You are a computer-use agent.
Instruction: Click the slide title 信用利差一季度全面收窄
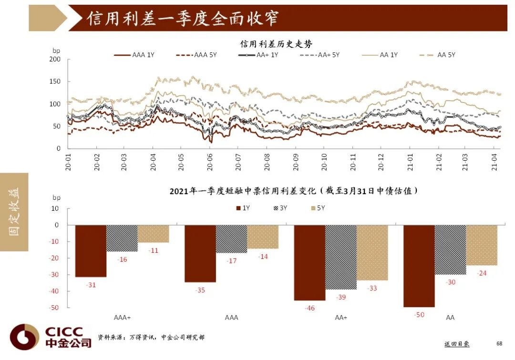coord(183,18)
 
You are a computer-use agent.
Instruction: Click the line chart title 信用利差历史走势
coord(276,44)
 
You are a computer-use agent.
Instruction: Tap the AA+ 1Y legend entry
coord(258,55)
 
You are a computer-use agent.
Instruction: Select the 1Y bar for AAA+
coord(91,251)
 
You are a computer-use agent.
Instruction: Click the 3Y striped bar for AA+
coord(341,257)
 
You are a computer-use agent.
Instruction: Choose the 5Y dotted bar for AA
coord(482,245)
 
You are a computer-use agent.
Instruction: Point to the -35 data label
coord(200,290)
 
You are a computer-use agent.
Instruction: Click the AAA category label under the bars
coord(231,318)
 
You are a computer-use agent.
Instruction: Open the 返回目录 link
coord(456,344)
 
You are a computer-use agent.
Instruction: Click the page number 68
coord(499,343)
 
